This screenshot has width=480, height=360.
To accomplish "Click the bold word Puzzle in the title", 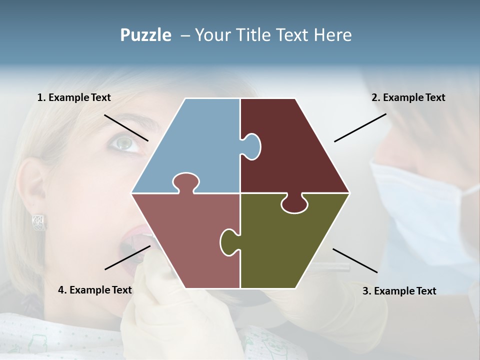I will pyautogui.click(x=145, y=35).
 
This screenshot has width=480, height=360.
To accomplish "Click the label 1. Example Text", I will pyautogui.click(x=74, y=97).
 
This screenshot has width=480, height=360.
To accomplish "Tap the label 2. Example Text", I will pyautogui.click(x=408, y=97).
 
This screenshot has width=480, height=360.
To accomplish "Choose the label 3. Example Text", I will pyautogui.click(x=399, y=291).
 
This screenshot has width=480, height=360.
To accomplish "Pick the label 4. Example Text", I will pyautogui.click(x=95, y=290).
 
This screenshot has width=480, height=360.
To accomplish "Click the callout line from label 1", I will pyautogui.click(x=126, y=127).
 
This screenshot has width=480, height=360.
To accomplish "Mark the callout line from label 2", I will pyautogui.click(x=360, y=127).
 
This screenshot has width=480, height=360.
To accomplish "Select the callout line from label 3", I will pyautogui.click(x=355, y=260).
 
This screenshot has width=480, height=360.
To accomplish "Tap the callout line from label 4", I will pyautogui.click(x=127, y=257).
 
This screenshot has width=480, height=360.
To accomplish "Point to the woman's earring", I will pyautogui.click(x=39, y=222).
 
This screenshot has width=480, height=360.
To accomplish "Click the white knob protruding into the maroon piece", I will pyautogui.click(x=251, y=145).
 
